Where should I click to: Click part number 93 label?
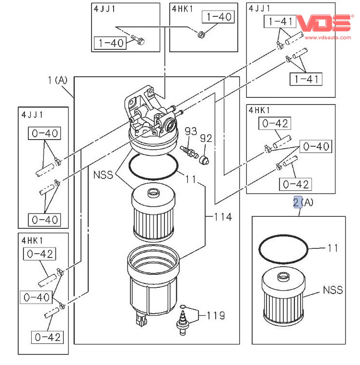191,130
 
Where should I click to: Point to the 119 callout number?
215,315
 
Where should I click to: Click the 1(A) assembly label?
58,80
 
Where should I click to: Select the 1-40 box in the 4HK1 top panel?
219,17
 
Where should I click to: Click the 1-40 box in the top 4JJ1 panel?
110,43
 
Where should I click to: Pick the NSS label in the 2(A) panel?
332,290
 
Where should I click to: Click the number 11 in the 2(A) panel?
333,248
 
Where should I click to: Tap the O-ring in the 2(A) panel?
283,248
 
